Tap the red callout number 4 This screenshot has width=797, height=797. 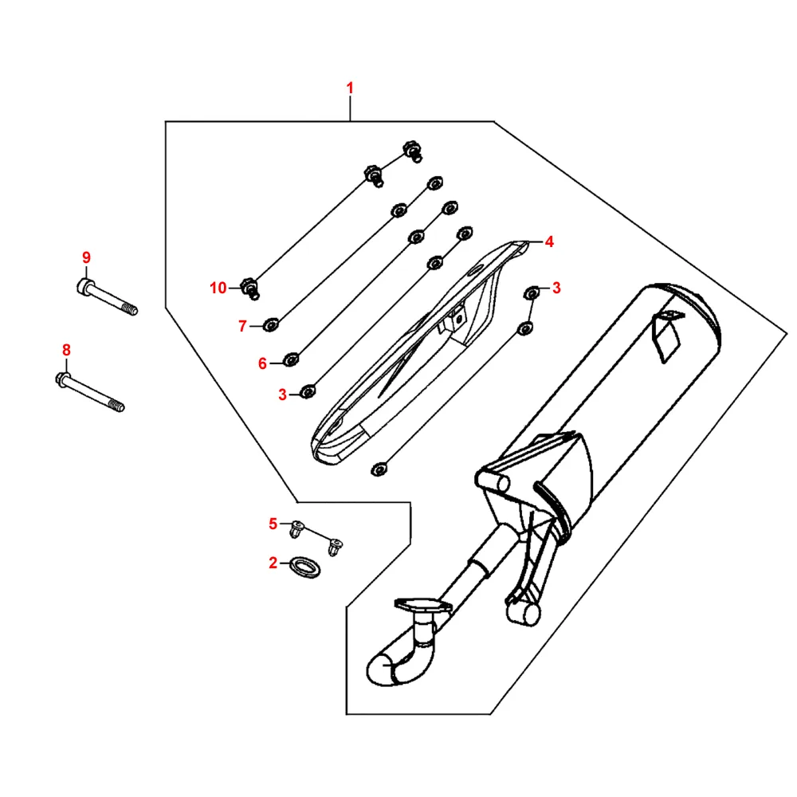[548, 241]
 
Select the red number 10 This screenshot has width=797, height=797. [218, 289]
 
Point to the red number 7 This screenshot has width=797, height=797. [242, 325]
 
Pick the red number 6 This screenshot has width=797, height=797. [262, 363]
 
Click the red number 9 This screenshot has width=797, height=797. [86, 257]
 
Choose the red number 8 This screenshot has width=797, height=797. [66, 350]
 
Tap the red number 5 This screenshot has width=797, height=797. [273, 524]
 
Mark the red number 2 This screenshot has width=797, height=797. [273, 563]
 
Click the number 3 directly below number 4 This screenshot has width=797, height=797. [556, 288]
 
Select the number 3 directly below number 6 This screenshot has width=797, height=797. [282, 394]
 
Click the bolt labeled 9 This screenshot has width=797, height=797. [108, 297]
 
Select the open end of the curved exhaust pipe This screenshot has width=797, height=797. [380, 668]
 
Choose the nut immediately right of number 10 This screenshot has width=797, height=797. [249, 287]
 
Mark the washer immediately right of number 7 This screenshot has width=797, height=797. [271, 324]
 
